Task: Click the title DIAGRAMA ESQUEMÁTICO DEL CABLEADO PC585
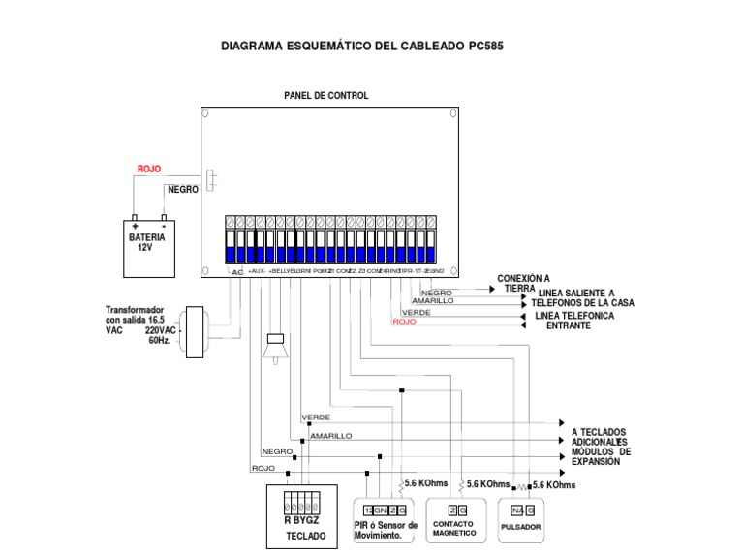(x=362, y=46)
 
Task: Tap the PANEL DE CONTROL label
(x=325, y=96)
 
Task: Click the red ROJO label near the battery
(x=149, y=169)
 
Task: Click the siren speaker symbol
(x=274, y=348)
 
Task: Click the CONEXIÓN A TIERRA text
(x=523, y=284)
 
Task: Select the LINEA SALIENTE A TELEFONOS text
(x=585, y=297)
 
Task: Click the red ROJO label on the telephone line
(x=404, y=323)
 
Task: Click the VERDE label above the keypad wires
(x=316, y=417)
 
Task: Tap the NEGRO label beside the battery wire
(x=183, y=190)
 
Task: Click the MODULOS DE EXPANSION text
(x=601, y=457)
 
